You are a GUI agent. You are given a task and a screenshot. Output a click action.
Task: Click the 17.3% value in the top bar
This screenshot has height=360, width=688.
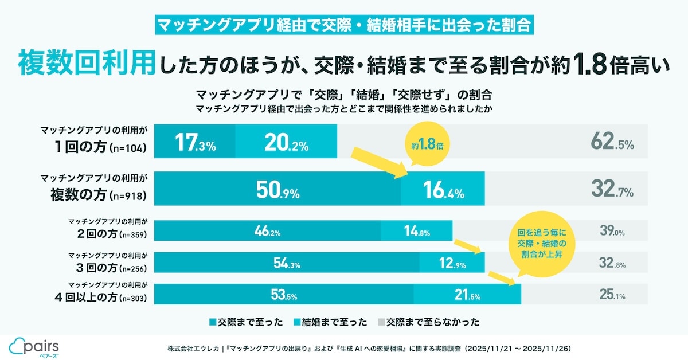196,142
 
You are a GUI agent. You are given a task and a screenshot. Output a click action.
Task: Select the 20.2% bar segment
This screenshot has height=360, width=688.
286,142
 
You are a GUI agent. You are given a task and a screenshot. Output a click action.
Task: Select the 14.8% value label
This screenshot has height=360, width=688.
417,232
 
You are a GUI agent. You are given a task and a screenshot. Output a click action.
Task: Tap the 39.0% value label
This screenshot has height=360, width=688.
612,232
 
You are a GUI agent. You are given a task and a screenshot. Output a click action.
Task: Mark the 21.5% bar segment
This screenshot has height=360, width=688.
467,296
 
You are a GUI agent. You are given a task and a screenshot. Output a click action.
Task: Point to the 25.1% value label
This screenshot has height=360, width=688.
612,296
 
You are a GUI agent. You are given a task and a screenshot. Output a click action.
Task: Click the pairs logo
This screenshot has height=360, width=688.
34,346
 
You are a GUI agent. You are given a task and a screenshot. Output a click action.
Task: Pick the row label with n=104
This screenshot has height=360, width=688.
95,141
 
